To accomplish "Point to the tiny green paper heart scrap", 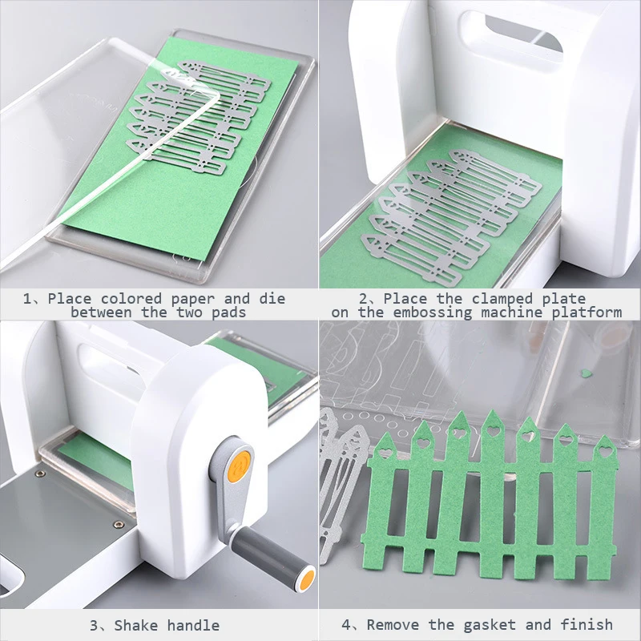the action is pyautogui.click(x=587, y=373).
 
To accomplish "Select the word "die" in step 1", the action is pyautogui.click(x=272, y=298).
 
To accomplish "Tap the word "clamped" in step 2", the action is pyautogui.click(x=502, y=298).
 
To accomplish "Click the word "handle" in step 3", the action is pyautogui.click(x=193, y=626).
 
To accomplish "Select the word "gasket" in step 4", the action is pyautogui.click(x=490, y=625).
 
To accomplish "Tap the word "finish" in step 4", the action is pyautogui.click(x=587, y=624).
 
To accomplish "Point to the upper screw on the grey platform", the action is pyautogui.click(x=40, y=474).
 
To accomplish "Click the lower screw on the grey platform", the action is pyautogui.click(x=119, y=524).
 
